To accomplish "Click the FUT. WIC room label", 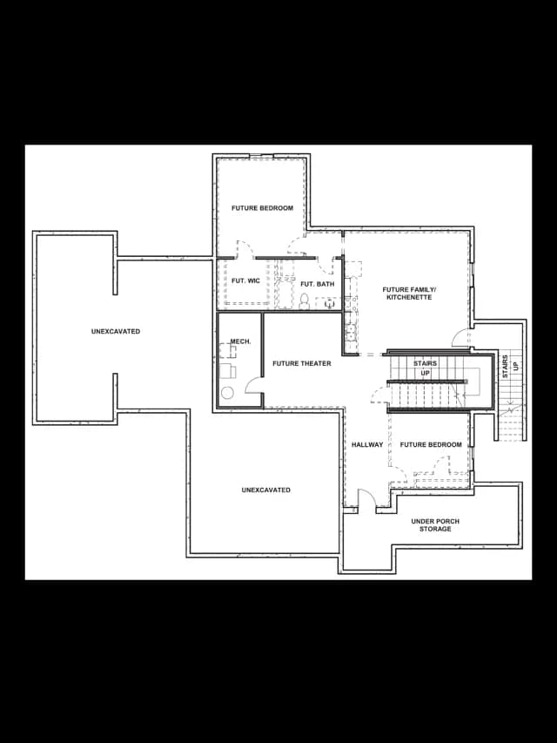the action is pos(245,281).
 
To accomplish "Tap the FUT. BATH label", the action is pos(318,284).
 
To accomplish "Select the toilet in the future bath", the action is pos(304,301).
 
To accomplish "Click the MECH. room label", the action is pos(240,341).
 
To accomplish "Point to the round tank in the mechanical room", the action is pos(227,393).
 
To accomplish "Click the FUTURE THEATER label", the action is pos(302,363).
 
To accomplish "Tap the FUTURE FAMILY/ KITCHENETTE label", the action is pos(409,294).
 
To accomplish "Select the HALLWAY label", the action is pos(367,444).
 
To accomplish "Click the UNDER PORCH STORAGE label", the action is pos(435,525).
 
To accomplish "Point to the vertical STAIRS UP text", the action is pos(510,367).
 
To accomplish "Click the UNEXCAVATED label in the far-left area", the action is pos(116,331).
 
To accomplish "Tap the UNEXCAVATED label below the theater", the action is pos(265,490).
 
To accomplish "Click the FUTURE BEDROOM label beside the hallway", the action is pos(431,444).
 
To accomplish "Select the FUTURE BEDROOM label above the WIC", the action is pos(262,208).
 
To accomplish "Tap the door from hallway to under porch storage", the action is pos(366,497).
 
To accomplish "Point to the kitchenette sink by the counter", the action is pos(351,332).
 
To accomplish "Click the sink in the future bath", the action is pos(329,304).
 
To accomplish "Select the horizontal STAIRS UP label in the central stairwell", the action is pos(425,368).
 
